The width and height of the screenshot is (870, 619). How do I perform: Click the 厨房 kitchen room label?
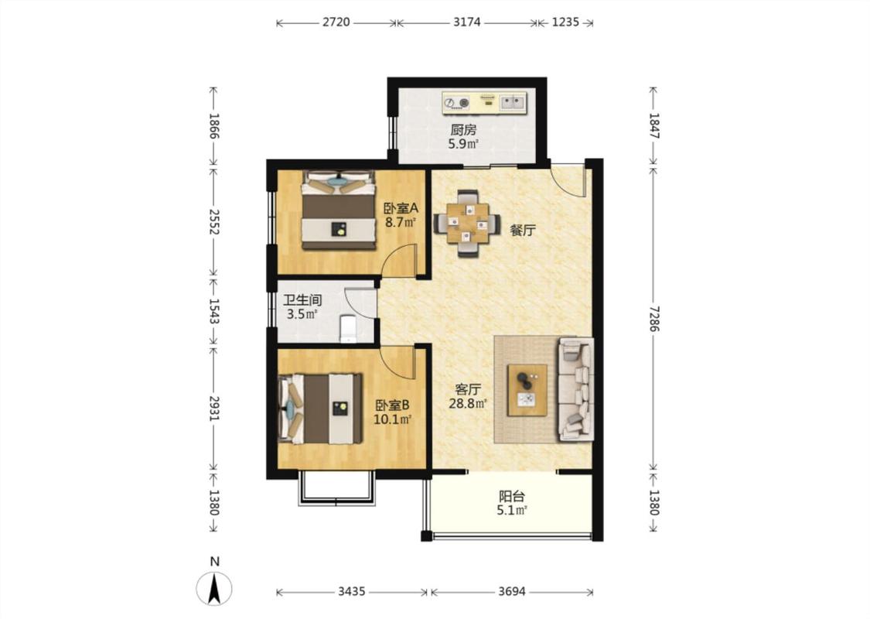click(462, 130)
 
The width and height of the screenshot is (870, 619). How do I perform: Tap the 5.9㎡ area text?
click(463, 145)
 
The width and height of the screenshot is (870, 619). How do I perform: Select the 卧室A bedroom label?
click(401, 209)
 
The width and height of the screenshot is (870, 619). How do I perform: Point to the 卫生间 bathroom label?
click(302, 300)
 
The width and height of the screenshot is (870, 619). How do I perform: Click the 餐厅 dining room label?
click(523, 230)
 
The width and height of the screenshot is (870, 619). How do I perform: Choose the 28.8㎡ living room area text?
click(468, 404)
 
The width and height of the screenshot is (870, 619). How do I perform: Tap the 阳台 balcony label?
click(512, 496)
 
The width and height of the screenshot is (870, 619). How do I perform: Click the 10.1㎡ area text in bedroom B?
click(392, 419)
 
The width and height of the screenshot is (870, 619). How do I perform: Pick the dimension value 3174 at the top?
click(466, 22)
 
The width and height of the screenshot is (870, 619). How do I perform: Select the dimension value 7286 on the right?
click(654, 318)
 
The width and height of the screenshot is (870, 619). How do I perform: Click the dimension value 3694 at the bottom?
click(512, 591)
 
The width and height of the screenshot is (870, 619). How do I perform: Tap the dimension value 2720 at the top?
click(336, 22)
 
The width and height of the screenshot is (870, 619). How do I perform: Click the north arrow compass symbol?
click(215, 587)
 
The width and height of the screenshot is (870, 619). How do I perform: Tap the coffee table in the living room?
click(527, 390)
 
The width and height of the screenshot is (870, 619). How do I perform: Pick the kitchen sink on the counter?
click(513, 102)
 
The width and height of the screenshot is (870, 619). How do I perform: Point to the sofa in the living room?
click(576, 389)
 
